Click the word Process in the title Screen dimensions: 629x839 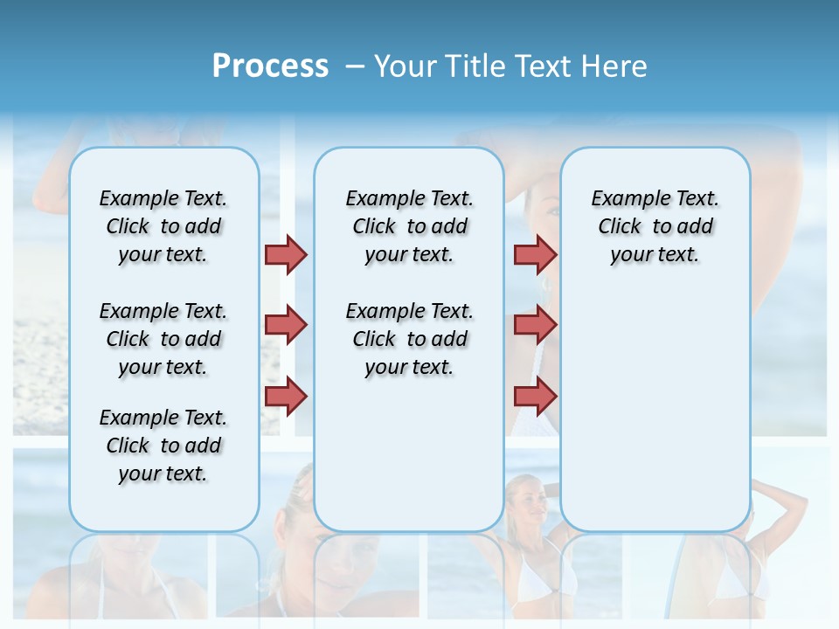[270, 66]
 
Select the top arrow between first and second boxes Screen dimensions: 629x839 [286, 254]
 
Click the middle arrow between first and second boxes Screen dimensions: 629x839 [286, 325]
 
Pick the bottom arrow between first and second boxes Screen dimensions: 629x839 [286, 396]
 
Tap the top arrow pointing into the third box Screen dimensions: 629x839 [535, 254]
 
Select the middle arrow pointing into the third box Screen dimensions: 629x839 [535, 325]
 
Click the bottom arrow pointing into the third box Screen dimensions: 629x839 [535, 396]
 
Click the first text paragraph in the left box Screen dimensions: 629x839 [163, 226]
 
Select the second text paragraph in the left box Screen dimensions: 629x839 [163, 339]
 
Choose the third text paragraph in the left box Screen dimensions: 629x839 [163, 446]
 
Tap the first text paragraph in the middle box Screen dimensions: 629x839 [409, 226]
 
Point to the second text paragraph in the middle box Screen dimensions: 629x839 [409, 339]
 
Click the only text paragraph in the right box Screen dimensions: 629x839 [655, 226]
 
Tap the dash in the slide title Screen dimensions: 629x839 [355, 66]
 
